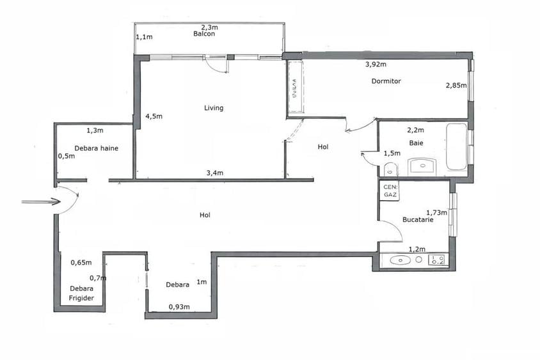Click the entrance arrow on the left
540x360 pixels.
(x=36, y=202)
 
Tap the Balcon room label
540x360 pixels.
(x=204, y=35)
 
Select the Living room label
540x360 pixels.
(x=214, y=108)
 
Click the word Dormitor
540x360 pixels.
(x=386, y=81)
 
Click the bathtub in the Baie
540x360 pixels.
(x=456, y=146)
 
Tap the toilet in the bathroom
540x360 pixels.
(x=390, y=169)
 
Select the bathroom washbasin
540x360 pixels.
(x=422, y=167)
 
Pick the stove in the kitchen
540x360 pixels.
(x=438, y=260)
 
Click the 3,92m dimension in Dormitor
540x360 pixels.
(x=376, y=65)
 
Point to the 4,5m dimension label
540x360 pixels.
(x=154, y=116)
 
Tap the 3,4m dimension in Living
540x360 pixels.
(x=214, y=173)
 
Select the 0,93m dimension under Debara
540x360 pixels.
(x=179, y=307)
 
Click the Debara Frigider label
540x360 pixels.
(x=82, y=293)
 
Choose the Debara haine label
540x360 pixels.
(x=96, y=148)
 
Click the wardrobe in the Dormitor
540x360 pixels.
(x=294, y=88)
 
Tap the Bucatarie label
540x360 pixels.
(x=418, y=219)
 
